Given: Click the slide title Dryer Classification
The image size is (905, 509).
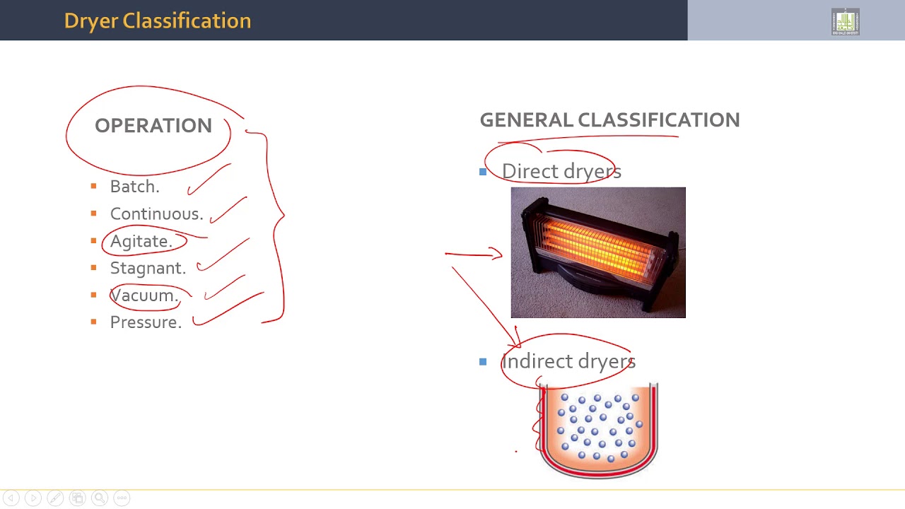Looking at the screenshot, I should click(x=157, y=21).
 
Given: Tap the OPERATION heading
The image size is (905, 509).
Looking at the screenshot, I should click(x=153, y=126).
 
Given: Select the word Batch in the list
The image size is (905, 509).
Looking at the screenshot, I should click(x=134, y=187).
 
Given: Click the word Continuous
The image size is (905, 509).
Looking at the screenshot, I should click(x=156, y=213).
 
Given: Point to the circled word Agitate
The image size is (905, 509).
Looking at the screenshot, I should click(x=141, y=241).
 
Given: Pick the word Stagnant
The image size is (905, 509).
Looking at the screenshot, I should click(x=148, y=268).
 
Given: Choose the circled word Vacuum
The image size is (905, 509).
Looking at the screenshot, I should click(x=144, y=296).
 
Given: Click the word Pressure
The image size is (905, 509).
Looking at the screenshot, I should click(x=146, y=322).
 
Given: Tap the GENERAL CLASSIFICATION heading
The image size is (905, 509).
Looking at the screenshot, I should click(x=609, y=120).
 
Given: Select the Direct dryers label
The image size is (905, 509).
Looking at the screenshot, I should click(x=561, y=171).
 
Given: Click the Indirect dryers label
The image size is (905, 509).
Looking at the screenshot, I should click(x=568, y=361).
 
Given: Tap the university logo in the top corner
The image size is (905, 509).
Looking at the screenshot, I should click(x=845, y=22).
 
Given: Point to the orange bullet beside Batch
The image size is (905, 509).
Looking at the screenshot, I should click(x=93, y=186).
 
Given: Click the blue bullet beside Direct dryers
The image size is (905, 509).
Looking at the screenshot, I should click(x=483, y=171).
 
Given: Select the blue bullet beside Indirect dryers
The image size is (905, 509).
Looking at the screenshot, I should click(x=483, y=361).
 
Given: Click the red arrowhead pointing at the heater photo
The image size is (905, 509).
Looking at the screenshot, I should click(x=498, y=254).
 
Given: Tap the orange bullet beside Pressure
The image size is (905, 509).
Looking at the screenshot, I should click(x=93, y=322).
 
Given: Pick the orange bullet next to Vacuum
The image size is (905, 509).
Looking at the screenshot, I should click(x=93, y=295).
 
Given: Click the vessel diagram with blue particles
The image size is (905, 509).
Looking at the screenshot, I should click(x=598, y=430).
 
